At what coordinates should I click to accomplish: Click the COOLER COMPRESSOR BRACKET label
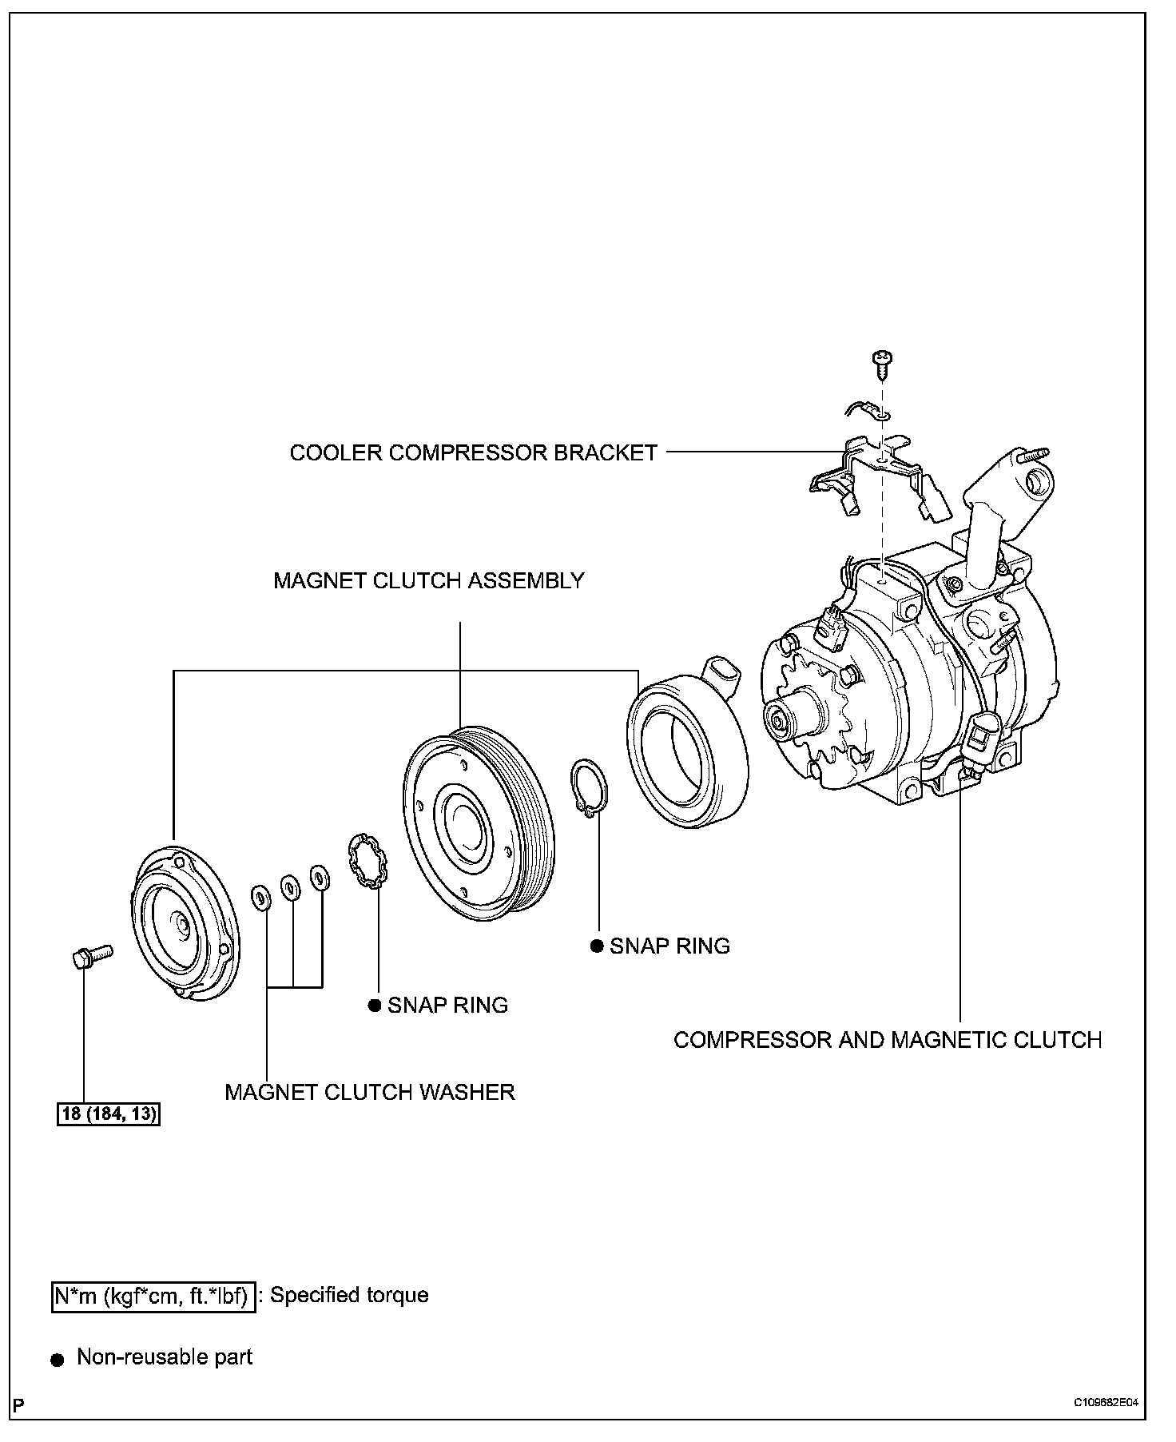click(x=473, y=452)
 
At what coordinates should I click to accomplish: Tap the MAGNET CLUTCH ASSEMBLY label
click(x=428, y=580)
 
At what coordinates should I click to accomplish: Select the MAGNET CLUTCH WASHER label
click(x=369, y=1092)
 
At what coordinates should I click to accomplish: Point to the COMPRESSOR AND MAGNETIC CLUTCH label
click(x=887, y=1040)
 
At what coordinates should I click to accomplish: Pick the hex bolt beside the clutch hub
click(x=90, y=957)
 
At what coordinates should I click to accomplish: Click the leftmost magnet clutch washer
click(x=260, y=897)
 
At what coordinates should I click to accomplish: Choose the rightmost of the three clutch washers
click(x=319, y=878)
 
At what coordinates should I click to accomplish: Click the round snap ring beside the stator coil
click(x=590, y=788)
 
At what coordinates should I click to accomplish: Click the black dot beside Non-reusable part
click(x=57, y=1360)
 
